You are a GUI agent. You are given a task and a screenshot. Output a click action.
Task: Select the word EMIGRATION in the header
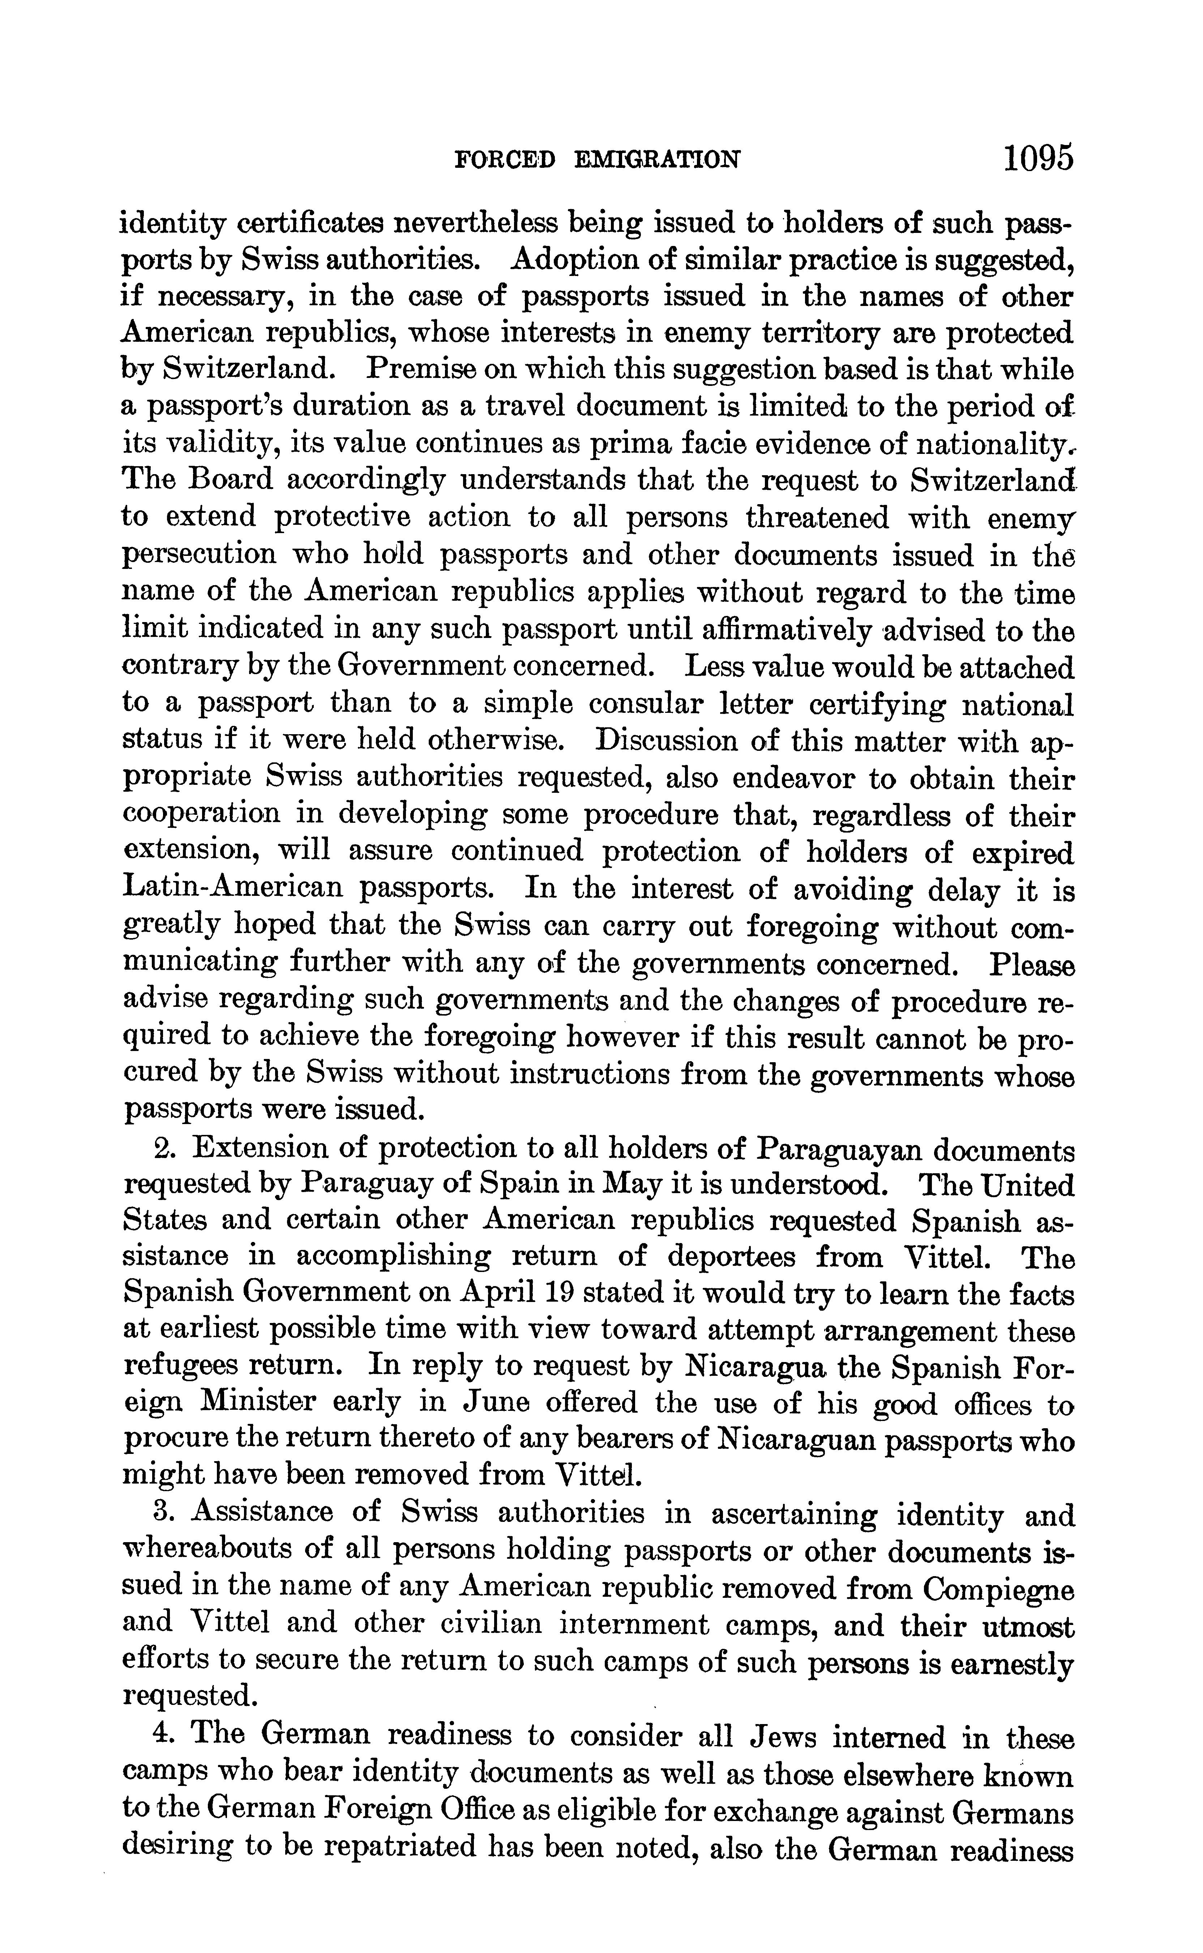click(657, 161)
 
